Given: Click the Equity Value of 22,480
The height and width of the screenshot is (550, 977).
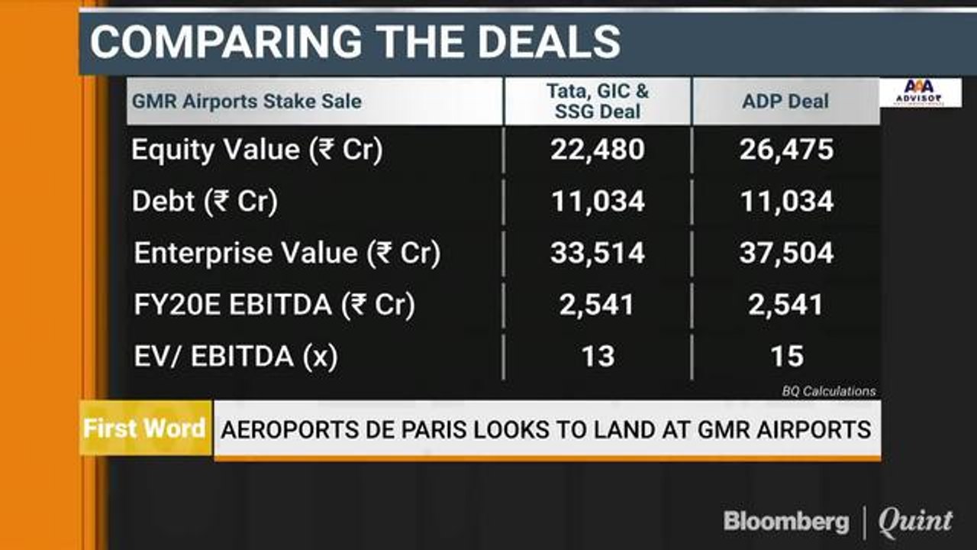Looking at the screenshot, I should click(597, 150).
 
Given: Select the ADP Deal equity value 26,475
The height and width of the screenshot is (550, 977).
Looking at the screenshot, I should click(786, 150).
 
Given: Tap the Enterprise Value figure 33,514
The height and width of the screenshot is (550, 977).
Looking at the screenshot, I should click(597, 253).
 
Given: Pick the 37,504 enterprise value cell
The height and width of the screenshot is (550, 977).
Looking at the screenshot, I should click(786, 253).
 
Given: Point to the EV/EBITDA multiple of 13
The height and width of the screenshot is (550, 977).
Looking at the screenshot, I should click(597, 356).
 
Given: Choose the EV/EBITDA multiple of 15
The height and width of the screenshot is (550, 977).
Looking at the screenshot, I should click(786, 356).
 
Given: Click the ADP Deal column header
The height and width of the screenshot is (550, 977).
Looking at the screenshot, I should click(785, 102).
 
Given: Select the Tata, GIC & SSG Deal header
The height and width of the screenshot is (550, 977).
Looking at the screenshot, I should click(598, 102).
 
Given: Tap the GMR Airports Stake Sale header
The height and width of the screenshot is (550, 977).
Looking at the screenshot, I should click(247, 101).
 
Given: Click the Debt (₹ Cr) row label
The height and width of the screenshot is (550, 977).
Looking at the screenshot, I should click(205, 202).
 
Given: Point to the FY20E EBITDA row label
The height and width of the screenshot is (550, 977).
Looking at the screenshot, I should click(274, 305).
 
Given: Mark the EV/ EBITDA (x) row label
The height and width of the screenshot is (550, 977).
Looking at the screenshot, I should click(234, 356).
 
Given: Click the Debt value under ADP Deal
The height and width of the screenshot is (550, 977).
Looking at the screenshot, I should click(786, 202).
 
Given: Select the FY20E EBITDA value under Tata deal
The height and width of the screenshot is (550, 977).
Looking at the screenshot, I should click(597, 305).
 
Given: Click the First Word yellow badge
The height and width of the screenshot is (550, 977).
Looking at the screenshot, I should click(144, 428).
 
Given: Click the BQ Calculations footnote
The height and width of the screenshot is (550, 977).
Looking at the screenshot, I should click(828, 391).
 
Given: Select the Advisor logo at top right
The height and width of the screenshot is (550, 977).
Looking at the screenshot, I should click(921, 92).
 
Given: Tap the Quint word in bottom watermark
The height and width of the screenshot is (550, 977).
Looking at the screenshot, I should click(914, 522).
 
